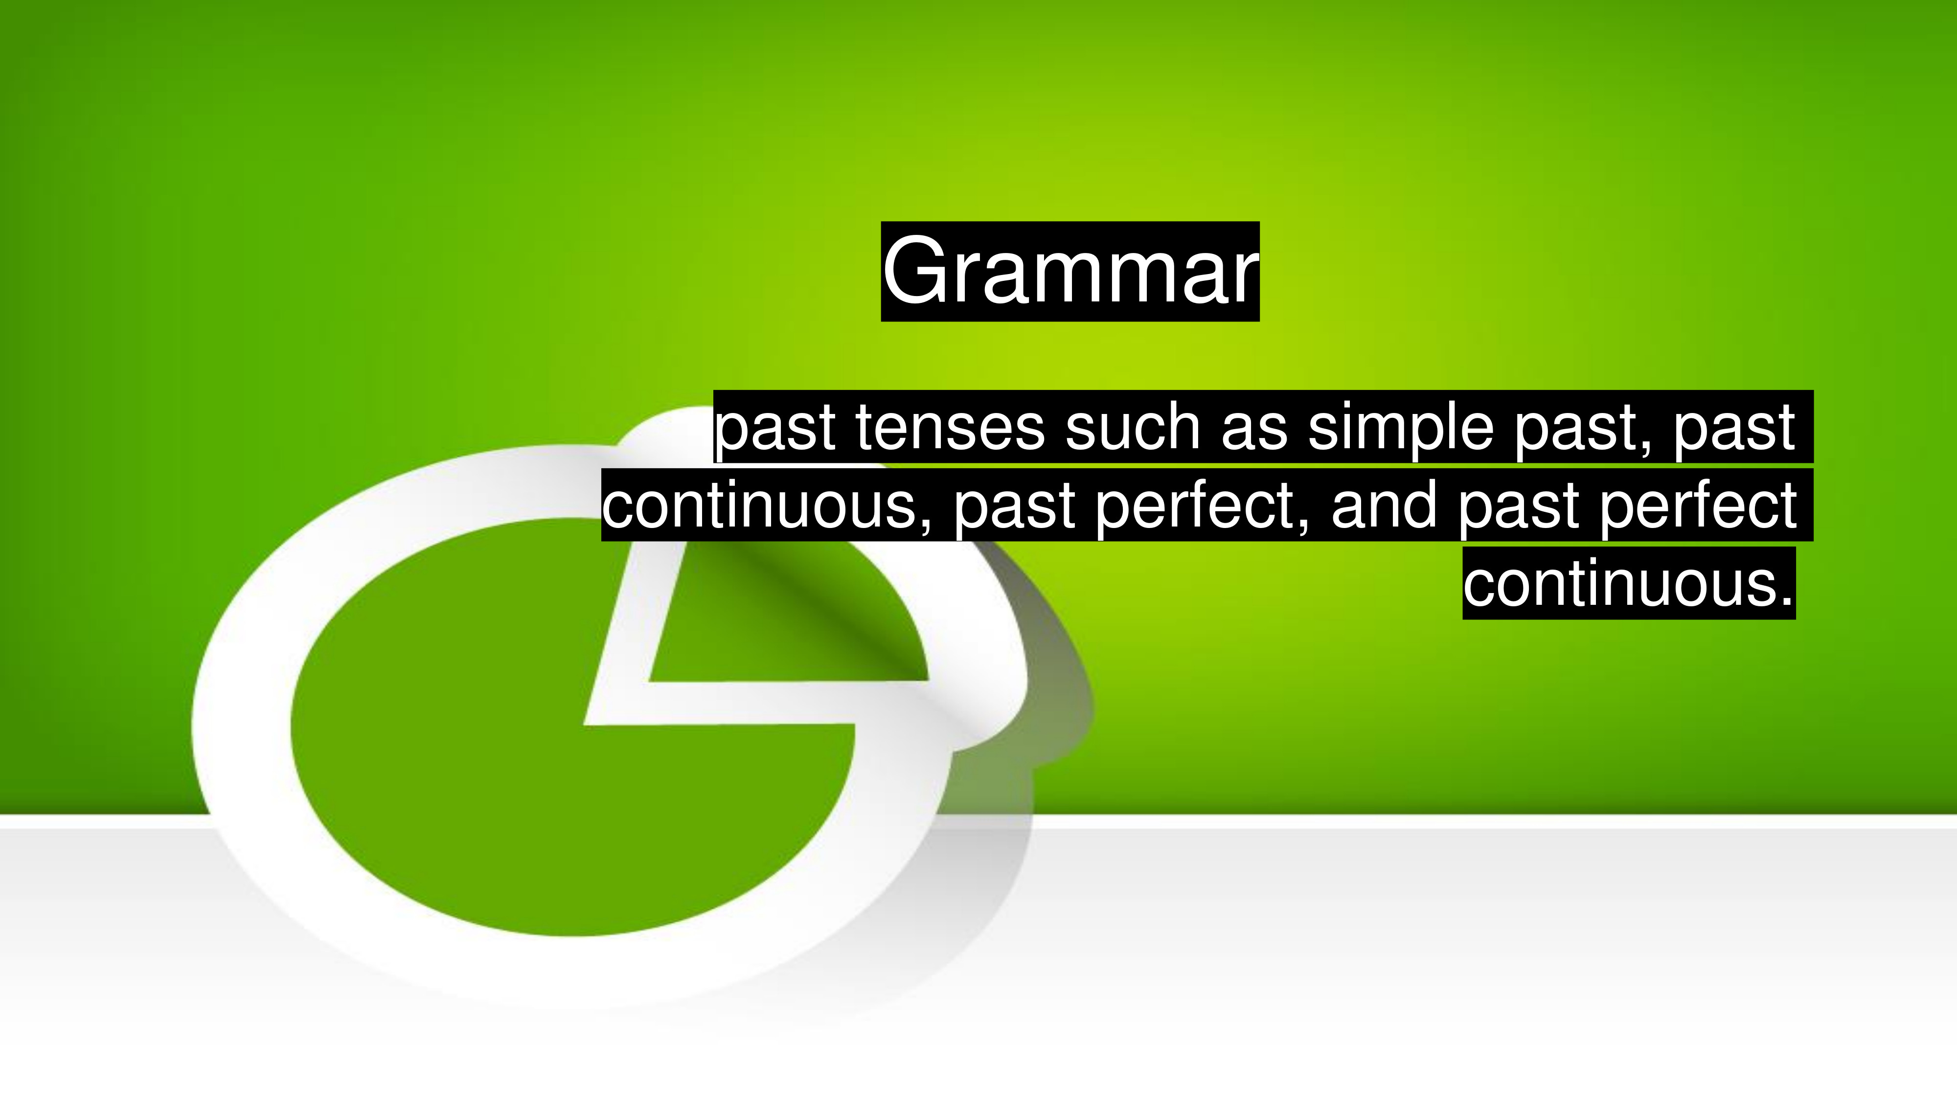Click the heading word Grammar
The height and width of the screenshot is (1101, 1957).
[1070, 271]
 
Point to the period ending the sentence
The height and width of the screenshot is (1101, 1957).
[1787, 601]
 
